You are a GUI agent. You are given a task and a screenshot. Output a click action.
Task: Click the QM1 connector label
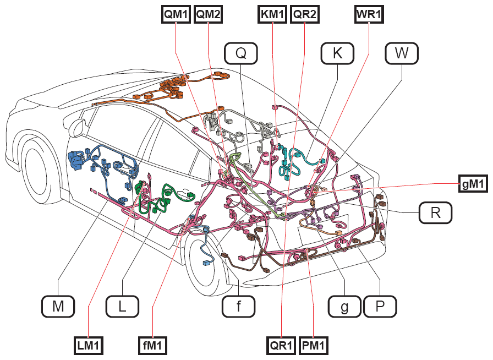pyautogui.click(x=176, y=14)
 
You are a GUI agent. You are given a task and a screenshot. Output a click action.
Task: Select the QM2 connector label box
pyautogui.click(x=208, y=14)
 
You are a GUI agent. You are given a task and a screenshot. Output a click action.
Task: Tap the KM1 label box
pyautogui.click(x=272, y=14)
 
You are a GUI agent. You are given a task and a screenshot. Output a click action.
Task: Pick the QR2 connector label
pyautogui.click(x=305, y=14)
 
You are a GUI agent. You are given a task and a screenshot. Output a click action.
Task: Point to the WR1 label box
pyautogui.click(x=369, y=14)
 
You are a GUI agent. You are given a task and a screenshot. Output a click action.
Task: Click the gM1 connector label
pyautogui.click(x=473, y=183)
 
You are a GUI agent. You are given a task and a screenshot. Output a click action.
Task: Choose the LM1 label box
pyautogui.click(x=89, y=346)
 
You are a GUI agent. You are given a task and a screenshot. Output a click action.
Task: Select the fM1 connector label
pyautogui.click(x=152, y=346)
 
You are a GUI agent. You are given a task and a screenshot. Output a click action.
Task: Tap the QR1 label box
pyautogui.click(x=281, y=346)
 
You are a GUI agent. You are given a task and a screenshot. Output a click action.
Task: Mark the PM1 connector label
pyautogui.click(x=314, y=346)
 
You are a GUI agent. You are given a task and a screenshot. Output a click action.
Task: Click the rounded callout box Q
pyautogui.click(x=241, y=53)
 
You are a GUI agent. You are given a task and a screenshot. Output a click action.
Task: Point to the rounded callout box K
pyautogui.click(x=337, y=53)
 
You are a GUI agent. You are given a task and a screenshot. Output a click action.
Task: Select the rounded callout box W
pyautogui.click(x=402, y=53)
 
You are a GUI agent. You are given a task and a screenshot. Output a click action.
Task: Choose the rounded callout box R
pyautogui.click(x=435, y=213)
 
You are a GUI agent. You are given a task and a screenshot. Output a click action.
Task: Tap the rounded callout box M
pyautogui.click(x=58, y=306)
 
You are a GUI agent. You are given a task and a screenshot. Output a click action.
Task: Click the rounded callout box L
pyautogui.click(x=122, y=306)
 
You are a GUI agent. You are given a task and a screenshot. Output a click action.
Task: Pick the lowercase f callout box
pyautogui.click(x=239, y=306)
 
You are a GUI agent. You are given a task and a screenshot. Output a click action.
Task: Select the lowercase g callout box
pyautogui.click(x=344, y=306)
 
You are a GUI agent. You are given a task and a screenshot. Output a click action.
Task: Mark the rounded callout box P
pyautogui.click(x=380, y=306)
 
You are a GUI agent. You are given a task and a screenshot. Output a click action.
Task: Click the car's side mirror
pyautogui.click(x=78, y=127)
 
